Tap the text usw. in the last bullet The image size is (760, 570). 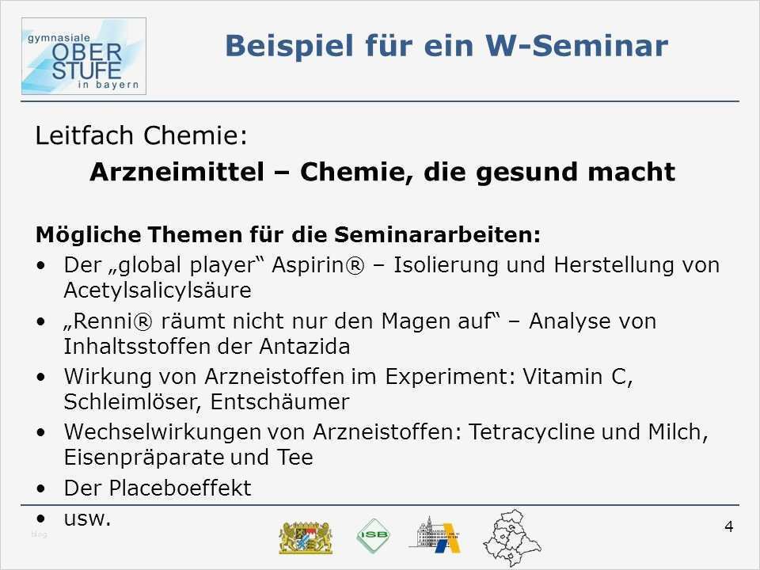pyautogui.click(x=87, y=519)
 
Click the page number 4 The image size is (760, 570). pyautogui.click(x=728, y=527)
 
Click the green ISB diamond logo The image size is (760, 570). pyautogui.click(x=372, y=536)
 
